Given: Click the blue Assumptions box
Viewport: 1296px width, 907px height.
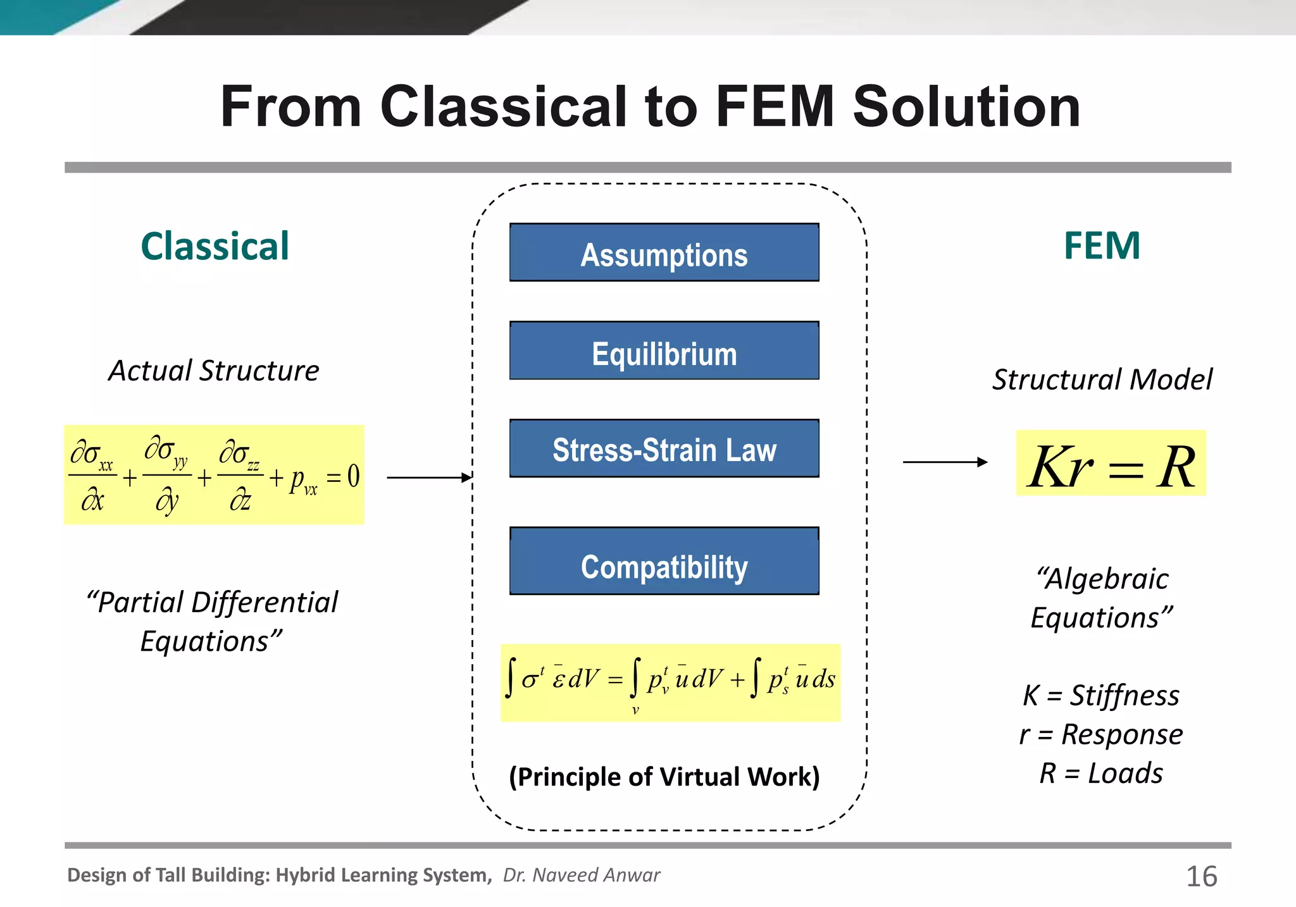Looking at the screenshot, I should tap(664, 252).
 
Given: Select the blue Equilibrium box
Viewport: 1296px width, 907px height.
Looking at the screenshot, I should tap(664, 351).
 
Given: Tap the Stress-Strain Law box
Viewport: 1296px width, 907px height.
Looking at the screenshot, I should tap(664, 448).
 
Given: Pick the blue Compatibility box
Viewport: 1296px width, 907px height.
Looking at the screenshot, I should tap(664, 562).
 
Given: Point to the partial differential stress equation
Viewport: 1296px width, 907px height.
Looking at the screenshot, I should tap(214, 475).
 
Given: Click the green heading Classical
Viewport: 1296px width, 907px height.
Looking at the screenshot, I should tap(215, 246).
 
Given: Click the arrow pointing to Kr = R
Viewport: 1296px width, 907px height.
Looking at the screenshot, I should tap(945, 462).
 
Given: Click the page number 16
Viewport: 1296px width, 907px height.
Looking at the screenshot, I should tap(1201, 877).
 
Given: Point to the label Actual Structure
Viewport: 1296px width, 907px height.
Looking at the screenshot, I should tap(214, 371).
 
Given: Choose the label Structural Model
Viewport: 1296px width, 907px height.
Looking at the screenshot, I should tap(1102, 379).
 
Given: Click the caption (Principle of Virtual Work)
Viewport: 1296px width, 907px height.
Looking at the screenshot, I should tap(664, 777).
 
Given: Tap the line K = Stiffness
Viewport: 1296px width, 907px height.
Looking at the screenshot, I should tap(1101, 695).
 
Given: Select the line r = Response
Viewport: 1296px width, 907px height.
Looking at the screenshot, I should tap(1101, 734).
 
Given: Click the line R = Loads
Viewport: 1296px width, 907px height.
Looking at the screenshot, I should tap(1101, 774).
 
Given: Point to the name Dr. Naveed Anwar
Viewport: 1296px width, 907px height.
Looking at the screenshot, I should tap(582, 875).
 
